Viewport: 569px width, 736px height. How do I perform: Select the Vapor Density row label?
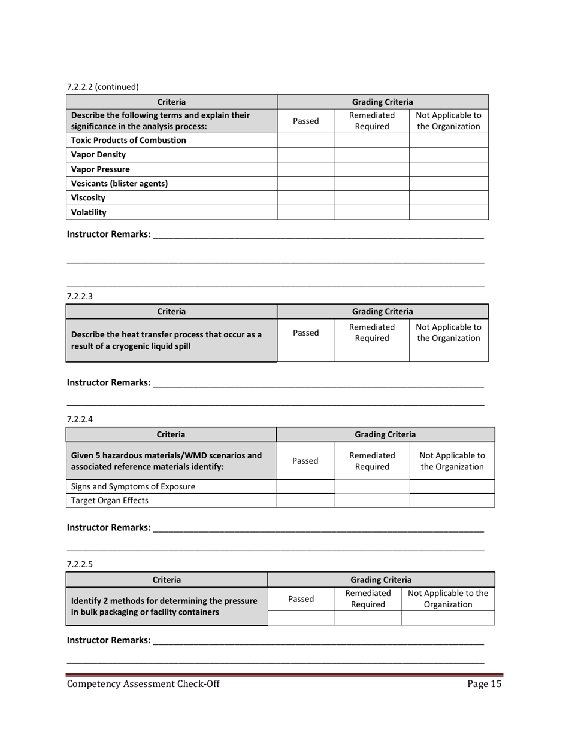(x=98, y=154)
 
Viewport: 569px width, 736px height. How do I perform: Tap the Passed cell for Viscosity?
(x=305, y=197)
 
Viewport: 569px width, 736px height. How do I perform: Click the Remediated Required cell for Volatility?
(x=371, y=212)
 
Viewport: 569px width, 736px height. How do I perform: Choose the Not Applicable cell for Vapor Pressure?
(x=448, y=169)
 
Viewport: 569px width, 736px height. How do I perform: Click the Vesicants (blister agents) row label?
(x=119, y=183)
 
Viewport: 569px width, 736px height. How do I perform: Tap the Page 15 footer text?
(x=485, y=685)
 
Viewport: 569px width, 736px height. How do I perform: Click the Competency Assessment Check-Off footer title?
(x=143, y=685)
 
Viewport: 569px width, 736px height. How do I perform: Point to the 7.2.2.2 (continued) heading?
(x=102, y=86)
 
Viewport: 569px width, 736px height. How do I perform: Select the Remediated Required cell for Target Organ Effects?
(x=371, y=501)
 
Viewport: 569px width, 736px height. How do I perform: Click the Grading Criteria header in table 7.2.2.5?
(x=381, y=579)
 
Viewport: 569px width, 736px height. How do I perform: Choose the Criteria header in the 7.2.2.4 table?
(x=171, y=434)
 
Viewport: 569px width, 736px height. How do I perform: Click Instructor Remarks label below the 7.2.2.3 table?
(x=108, y=382)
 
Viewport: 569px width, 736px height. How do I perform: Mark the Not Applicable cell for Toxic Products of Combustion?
(x=448, y=140)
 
